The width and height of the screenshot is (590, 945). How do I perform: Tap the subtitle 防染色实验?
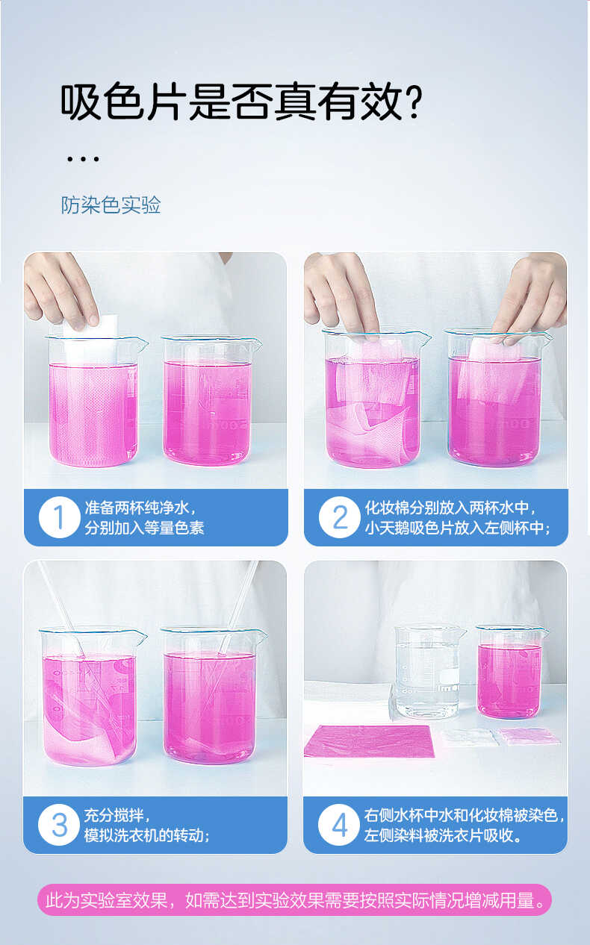point(111,205)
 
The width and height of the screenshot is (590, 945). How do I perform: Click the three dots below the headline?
point(83,158)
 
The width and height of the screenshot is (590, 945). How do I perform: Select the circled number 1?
point(59,517)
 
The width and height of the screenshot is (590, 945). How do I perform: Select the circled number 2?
point(339,517)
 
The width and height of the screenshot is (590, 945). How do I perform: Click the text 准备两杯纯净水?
point(140,508)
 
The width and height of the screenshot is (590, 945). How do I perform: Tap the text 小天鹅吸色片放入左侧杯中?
point(458,528)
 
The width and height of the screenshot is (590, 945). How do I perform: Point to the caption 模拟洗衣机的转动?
point(147,835)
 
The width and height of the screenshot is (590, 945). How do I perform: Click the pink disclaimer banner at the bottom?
point(294,899)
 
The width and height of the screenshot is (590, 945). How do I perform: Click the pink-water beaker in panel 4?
point(509,672)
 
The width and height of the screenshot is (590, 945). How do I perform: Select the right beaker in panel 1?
point(209,403)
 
